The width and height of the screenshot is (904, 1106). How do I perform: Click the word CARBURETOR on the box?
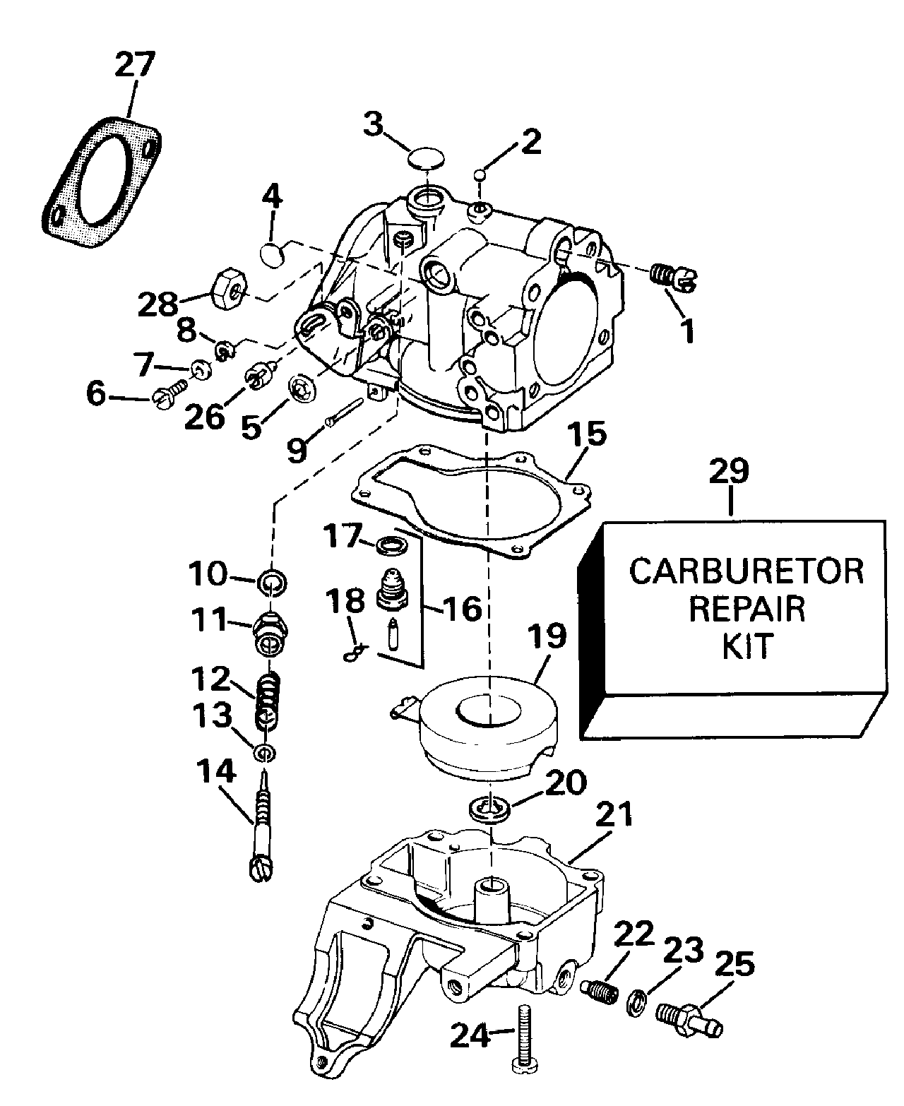pos(747,571)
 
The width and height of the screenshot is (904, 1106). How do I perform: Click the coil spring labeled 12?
pos(269,701)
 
